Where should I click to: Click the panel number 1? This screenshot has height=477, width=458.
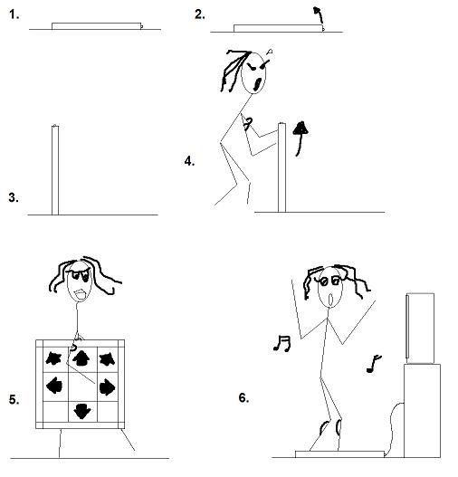(14, 14)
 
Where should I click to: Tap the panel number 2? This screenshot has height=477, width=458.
(199, 14)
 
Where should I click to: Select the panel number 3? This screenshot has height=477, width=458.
(14, 197)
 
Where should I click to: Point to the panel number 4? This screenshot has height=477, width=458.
(189, 161)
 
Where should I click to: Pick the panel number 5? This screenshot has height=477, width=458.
(14, 399)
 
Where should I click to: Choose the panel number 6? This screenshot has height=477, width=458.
(243, 398)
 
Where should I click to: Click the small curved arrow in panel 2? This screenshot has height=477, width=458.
(319, 14)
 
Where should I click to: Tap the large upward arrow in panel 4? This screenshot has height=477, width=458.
(301, 138)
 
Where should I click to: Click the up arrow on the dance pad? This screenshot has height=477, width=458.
(81, 358)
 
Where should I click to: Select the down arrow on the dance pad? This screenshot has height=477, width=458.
(82, 411)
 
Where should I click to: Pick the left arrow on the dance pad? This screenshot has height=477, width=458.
(54, 386)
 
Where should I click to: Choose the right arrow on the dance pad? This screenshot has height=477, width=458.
(107, 387)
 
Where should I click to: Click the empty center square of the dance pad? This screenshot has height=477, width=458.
(82, 386)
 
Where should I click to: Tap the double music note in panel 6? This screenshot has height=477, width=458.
(282, 343)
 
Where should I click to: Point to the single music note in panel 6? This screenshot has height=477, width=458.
(374, 364)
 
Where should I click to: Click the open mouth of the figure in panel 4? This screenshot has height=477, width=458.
(258, 84)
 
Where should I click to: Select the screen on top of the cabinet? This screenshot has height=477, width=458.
(420, 329)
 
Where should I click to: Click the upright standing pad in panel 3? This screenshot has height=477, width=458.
(55, 170)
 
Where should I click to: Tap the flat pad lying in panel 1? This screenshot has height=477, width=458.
(97, 26)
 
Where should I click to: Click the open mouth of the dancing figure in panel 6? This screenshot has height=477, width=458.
(330, 300)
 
